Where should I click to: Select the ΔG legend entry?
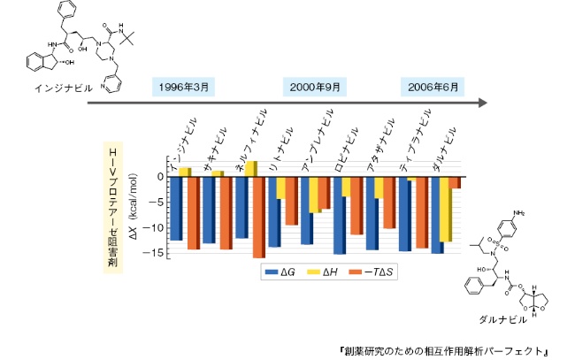point(280,272)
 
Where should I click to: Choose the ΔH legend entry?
point(326,272)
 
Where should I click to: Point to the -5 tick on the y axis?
point(158,203)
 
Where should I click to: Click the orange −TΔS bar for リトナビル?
point(291,201)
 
